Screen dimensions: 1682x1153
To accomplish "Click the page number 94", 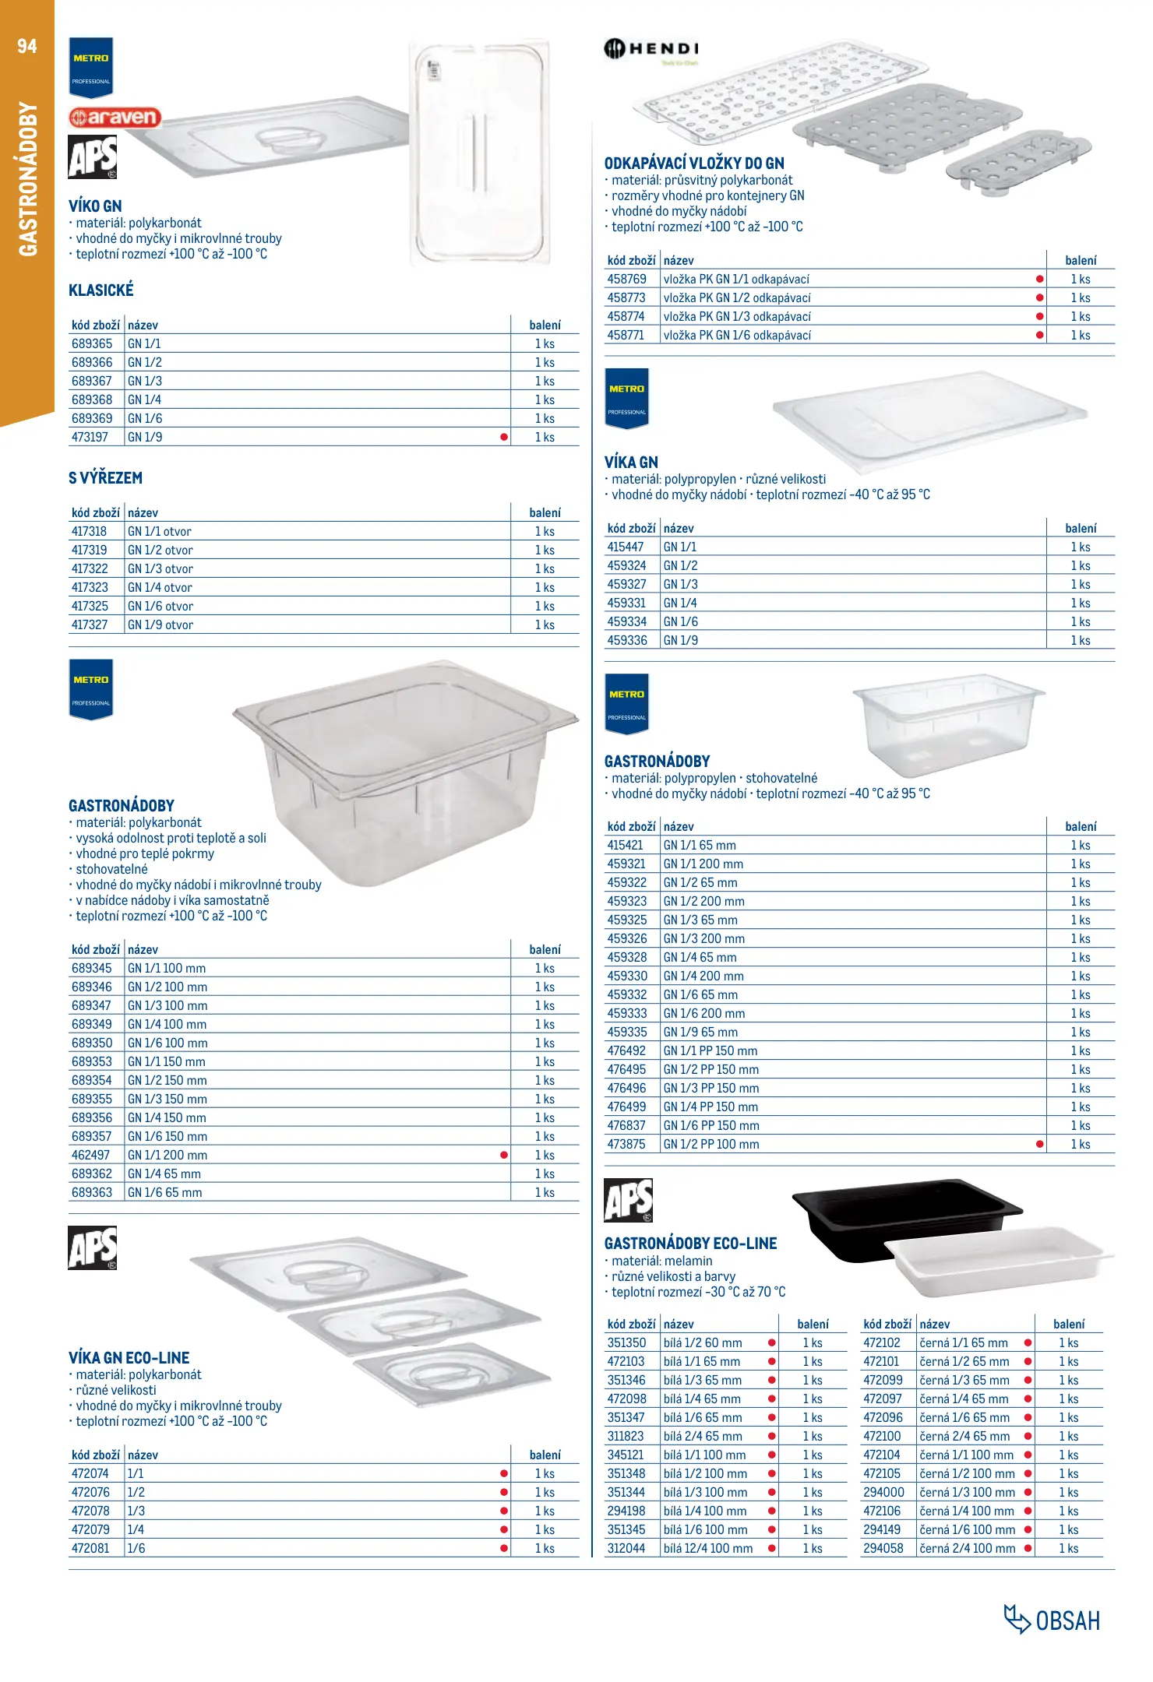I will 27,46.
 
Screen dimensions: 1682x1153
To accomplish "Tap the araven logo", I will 115,118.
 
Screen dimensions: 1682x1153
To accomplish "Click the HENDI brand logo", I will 651,49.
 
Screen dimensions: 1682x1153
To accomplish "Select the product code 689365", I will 92,343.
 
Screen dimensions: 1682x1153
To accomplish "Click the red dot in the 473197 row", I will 504,437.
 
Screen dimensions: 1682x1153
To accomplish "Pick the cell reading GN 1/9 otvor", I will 160,625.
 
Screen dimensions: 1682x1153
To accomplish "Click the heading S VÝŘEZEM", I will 105,478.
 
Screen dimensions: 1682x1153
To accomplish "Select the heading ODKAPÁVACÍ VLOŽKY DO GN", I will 694,164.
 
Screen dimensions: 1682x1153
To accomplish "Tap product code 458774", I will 626,316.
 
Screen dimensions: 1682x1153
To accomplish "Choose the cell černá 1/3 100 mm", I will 967,1492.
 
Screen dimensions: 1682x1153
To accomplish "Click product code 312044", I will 626,1548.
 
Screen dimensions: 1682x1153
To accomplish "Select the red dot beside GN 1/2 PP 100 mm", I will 1040,1144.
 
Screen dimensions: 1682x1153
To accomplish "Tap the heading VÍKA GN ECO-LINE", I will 129,1357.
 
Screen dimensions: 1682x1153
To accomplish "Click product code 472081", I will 90,1548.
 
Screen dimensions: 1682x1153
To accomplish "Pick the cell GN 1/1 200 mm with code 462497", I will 167,1155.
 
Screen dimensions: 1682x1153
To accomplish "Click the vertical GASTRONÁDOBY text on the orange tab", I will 28,179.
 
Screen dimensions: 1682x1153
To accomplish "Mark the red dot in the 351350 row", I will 772,1342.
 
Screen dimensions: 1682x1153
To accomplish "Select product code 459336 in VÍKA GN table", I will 627,640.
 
